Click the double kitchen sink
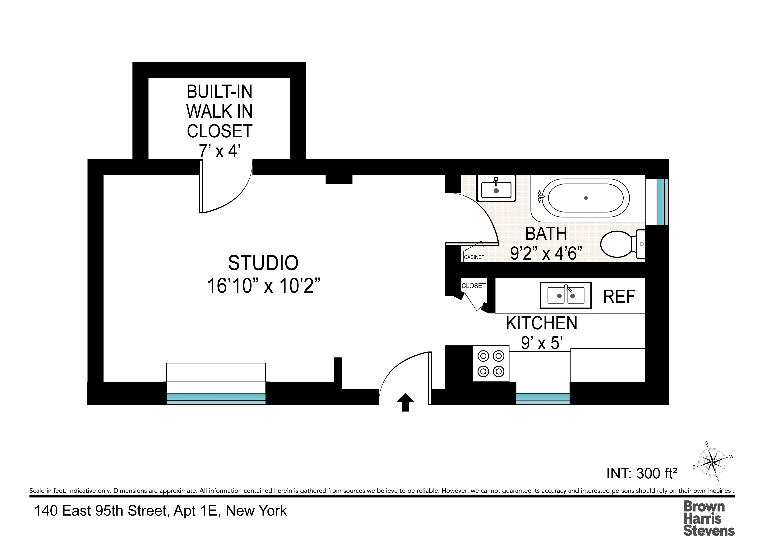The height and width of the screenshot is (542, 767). pos(566,295)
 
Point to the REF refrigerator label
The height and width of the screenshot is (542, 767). pos(619,297)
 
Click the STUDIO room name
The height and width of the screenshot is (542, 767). pos(263,263)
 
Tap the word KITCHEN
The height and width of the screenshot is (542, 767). pos(542,323)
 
